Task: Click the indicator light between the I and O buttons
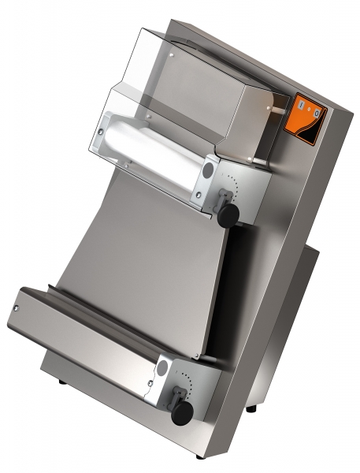[307, 109]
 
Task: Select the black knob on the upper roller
[228, 214]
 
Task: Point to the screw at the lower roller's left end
[17, 304]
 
